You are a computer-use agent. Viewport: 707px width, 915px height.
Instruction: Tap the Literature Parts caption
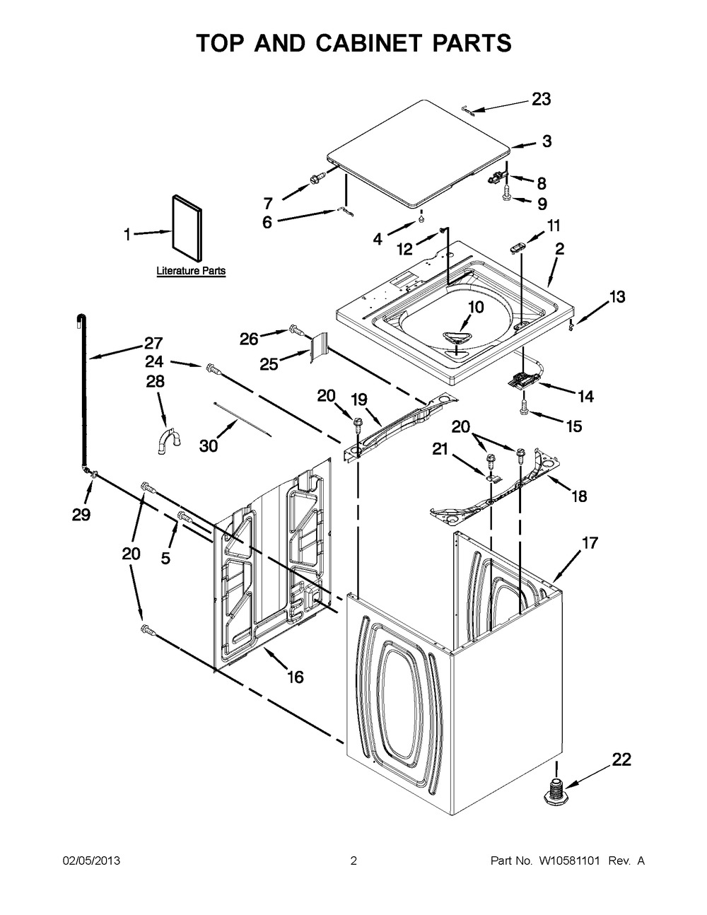191,271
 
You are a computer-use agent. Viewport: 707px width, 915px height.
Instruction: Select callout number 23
541,100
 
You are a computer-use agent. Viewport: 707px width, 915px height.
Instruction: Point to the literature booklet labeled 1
187,228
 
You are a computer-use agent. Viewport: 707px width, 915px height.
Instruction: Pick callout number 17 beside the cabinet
590,543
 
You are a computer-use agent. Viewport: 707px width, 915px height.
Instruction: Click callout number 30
208,445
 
